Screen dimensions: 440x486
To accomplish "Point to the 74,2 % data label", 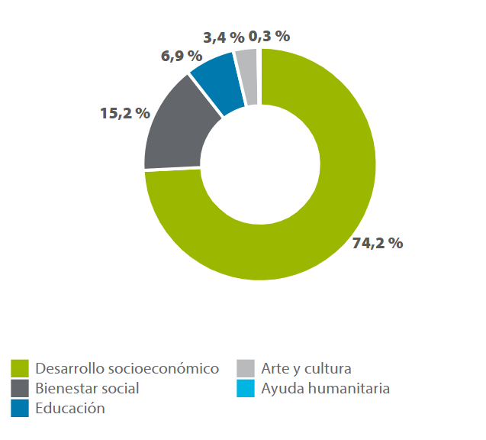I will click(x=378, y=244).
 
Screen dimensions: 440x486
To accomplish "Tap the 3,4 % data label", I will click(x=224, y=37).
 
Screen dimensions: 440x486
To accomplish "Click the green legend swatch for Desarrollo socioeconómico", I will click(x=20, y=368).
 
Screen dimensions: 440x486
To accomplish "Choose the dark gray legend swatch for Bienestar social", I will click(x=20, y=388).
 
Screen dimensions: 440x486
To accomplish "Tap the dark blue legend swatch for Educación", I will click(x=20, y=408).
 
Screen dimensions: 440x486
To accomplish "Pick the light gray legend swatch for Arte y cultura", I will click(x=245, y=368).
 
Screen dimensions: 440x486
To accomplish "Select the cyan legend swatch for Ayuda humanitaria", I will click(x=245, y=388).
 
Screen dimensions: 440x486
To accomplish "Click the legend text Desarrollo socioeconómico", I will click(x=127, y=368).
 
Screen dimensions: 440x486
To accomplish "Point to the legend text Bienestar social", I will click(x=88, y=388).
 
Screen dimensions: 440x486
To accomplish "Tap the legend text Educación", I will click(x=70, y=408).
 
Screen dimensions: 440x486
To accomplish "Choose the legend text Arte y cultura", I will click(x=306, y=368).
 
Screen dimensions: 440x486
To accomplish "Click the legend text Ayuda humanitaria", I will click(x=325, y=388).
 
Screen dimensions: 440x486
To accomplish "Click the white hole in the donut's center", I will click(x=259, y=163).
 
